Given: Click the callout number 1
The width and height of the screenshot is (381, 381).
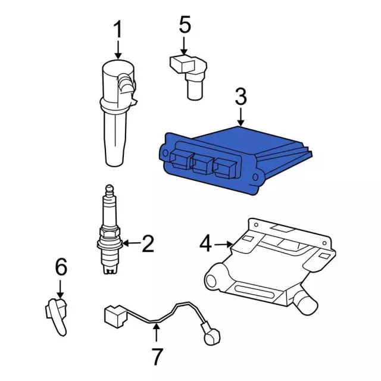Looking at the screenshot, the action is [x=118, y=29].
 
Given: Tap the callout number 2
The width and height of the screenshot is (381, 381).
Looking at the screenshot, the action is [x=148, y=243].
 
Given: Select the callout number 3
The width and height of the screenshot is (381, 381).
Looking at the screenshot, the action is [x=241, y=97].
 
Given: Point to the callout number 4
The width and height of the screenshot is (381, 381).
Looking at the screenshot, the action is [x=205, y=244].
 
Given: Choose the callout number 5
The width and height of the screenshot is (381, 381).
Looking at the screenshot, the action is [x=185, y=24].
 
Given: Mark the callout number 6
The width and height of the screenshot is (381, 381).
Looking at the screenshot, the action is [x=61, y=267].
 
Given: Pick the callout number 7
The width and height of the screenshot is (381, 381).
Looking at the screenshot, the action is [x=157, y=356].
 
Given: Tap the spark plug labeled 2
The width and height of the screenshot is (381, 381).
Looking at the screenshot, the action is [x=110, y=230].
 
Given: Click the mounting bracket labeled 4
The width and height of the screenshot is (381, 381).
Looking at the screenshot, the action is [x=270, y=266].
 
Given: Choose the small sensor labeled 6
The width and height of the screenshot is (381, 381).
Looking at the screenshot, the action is [x=57, y=316].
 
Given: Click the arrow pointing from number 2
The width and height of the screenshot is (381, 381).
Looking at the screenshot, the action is [x=132, y=243].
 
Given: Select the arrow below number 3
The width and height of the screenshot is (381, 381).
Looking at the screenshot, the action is [x=241, y=117].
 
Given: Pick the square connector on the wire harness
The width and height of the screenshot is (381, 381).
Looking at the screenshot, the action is [x=115, y=316].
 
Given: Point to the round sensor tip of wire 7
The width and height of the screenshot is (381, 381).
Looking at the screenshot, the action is [x=212, y=336].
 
